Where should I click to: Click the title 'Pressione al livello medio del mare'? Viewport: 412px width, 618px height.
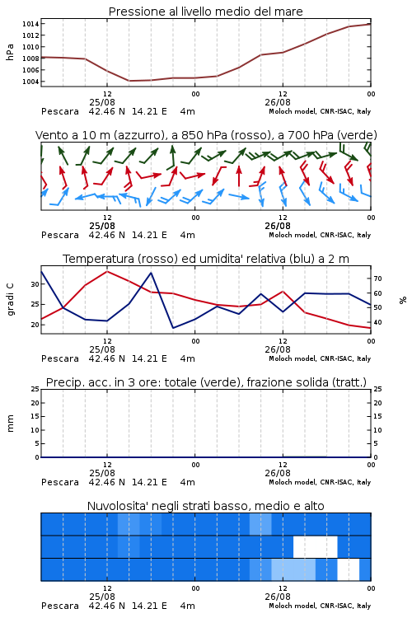pos(205,12)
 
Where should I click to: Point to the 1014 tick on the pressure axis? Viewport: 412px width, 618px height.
pos(30,24)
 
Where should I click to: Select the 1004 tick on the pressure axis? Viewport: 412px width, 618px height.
pos(30,82)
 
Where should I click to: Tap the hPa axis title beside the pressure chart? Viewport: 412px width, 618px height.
pos(10,52)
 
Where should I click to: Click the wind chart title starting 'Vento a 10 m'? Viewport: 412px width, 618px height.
pos(206,135)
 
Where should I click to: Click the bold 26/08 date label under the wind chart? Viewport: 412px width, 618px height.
pos(278,227)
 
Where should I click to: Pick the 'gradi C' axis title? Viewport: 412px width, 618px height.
pos(11,299)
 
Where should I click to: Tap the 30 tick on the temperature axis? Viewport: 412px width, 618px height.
pos(35,284)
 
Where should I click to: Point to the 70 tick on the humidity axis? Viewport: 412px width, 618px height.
pos(377,279)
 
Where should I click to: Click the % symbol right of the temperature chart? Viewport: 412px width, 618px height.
pos(403,300)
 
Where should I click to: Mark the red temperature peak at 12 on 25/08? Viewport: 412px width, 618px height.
pos(107,271)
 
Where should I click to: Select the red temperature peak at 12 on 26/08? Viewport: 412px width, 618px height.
pos(283,291)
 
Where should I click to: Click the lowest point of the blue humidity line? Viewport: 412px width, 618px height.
pos(174,328)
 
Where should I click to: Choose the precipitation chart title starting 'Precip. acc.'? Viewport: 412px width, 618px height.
pos(206,382)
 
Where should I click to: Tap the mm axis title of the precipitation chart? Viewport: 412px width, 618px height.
pos(10,424)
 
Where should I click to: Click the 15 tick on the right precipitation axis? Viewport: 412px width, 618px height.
pos(377,416)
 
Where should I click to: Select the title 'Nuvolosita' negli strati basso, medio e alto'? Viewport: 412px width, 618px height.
pos(205,506)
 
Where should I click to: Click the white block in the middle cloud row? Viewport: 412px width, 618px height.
pos(316,546)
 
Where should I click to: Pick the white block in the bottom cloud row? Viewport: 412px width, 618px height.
pos(349,569)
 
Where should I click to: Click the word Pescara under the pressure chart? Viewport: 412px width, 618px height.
pos(60,111)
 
